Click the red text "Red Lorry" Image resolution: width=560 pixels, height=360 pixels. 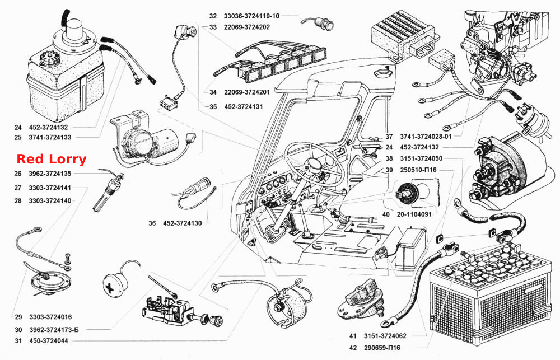pyautogui.click(x=52, y=159)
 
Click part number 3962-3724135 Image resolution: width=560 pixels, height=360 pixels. pyautogui.click(x=50, y=174)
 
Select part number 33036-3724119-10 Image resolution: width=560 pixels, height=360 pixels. pyautogui.click(x=252, y=16)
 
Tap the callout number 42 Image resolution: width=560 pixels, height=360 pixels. pyautogui.click(x=353, y=348)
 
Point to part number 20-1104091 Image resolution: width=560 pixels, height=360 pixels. pyautogui.click(x=414, y=214)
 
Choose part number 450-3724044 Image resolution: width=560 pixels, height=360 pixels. pyautogui.click(x=49, y=341)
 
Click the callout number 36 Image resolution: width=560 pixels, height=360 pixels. pyautogui.click(x=152, y=223)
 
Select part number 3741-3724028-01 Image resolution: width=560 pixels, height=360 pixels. pyautogui.click(x=426, y=137)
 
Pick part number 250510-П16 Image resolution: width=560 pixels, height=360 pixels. pyautogui.click(x=418, y=170)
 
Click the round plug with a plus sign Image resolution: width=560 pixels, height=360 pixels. pyautogui.click(x=115, y=284)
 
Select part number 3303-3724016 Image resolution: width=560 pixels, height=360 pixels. pyautogui.click(x=50, y=317)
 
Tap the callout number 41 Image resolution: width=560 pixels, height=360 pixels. pyautogui.click(x=353, y=336)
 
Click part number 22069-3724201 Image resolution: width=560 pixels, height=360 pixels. pyautogui.click(x=247, y=92)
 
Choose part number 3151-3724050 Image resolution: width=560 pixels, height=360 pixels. pyautogui.click(x=421, y=158)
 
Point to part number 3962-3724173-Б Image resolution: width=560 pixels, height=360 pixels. pyautogui.click(x=54, y=330)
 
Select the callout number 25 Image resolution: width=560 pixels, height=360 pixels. pyautogui.click(x=18, y=137)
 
